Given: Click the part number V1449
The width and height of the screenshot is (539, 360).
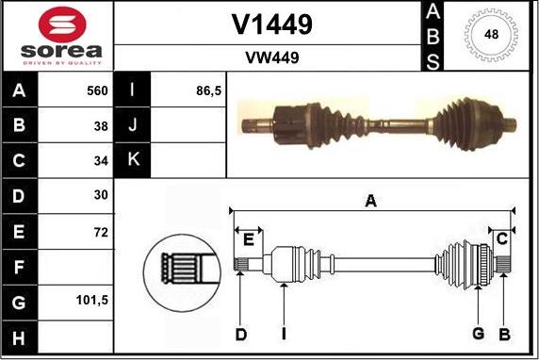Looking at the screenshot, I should pyautogui.click(x=271, y=23).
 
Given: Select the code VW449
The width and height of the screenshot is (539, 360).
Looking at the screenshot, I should pyautogui.click(x=271, y=57).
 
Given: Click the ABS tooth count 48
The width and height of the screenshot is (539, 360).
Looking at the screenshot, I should pyautogui.click(x=491, y=35).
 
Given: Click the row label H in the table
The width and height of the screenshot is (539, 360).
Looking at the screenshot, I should pyautogui.click(x=21, y=335).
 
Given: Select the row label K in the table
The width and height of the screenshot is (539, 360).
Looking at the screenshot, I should pyautogui.click(x=133, y=160).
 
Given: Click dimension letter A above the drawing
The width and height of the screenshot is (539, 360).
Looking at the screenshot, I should pyautogui.click(x=371, y=200).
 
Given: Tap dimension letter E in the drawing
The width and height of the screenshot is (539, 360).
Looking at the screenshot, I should pyautogui.click(x=248, y=238).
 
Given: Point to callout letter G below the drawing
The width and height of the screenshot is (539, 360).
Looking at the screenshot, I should pyautogui.click(x=478, y=333).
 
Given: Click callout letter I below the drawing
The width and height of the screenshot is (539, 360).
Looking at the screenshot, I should pyautogui.click(x=283, y=333).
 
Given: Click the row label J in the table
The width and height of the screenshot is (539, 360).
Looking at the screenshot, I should pyautogui.click(x=133, y=125).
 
